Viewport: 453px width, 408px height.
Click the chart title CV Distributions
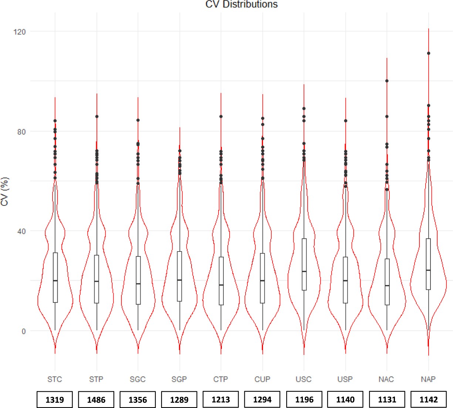241,4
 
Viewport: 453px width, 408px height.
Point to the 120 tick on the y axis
20,32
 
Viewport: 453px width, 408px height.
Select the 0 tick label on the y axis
24,331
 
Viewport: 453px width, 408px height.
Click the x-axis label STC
55,379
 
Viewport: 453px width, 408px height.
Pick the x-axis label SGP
179,379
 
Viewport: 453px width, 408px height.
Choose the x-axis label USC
304,379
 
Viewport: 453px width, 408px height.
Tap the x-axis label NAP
428,379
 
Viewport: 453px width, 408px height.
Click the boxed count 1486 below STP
96,400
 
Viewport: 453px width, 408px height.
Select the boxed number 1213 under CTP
221,400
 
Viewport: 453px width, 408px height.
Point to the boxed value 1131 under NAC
387,400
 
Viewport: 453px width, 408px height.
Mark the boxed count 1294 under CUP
262,400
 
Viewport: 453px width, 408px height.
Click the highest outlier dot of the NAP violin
429,53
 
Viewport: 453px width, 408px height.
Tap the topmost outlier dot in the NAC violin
387,80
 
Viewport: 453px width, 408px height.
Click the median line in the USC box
304,271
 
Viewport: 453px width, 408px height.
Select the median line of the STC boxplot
55,281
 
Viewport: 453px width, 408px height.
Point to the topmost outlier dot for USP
345,121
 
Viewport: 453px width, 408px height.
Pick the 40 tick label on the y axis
21,232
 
